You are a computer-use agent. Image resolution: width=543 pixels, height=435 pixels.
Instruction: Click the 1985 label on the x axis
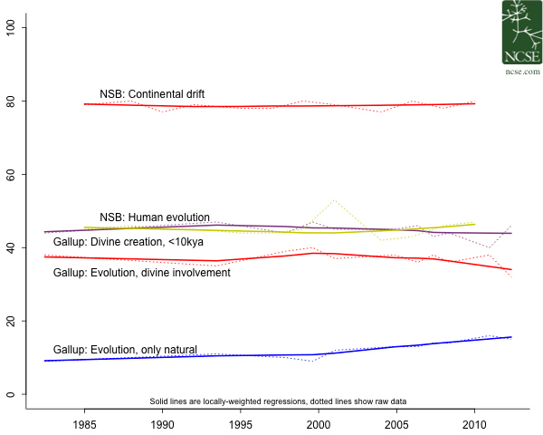84,423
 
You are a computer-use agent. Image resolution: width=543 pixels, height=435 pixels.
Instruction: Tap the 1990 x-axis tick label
162,423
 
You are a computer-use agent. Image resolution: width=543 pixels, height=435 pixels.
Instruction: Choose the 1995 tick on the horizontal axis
241,423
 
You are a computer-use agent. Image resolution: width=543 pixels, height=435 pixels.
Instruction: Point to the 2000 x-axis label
319,423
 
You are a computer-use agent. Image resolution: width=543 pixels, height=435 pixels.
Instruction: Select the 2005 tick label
396,423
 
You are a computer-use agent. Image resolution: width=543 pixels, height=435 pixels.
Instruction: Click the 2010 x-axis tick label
474,423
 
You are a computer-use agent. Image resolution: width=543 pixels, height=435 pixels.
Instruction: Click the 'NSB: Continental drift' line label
152,93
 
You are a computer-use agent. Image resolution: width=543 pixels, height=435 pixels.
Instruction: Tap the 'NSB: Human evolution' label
155,217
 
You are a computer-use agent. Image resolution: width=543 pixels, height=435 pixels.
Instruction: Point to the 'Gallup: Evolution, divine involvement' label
142,272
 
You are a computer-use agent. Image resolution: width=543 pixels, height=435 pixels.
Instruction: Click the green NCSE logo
521,31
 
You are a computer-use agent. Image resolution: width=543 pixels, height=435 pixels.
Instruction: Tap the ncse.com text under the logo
521,70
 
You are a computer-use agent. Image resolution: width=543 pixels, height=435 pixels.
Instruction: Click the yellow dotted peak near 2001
334,199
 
